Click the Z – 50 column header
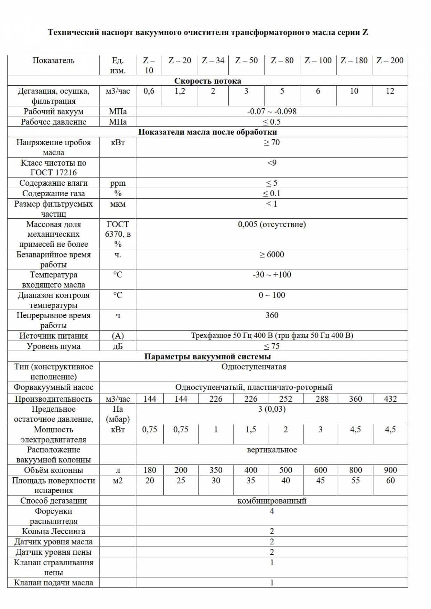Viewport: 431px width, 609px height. [x=246, y=61]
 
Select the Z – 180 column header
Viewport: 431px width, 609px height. [x=354, y=61]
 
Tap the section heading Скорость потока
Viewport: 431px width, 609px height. [x=208, y=81]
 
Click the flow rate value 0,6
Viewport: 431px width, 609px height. [x=149, y=91]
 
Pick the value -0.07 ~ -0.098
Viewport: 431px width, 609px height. [x=272, y=112]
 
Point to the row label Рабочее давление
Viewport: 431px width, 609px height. [x=54, y=122]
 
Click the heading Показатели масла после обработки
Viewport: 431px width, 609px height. [x=208, y=132]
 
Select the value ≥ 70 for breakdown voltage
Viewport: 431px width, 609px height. [x=272, y=143]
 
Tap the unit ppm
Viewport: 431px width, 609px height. [x=118, y=183]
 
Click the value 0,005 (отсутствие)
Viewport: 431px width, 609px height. [x=272, y=225]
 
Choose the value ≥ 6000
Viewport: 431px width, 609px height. [x=272, y=255]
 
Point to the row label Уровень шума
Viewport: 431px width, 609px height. [x=54, y=346]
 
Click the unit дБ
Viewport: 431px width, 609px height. [x=118, y=346]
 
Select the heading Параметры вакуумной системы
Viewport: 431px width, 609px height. [x=208, y=357]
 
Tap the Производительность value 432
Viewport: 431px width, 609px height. [x=390, y=399]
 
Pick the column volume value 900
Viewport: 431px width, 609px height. [x=390, y=470]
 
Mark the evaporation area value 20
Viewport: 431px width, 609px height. [x=149, y=481]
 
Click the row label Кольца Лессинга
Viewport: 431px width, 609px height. [x=54, y=532]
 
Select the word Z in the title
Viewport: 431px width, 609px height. [x=365, y=33]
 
